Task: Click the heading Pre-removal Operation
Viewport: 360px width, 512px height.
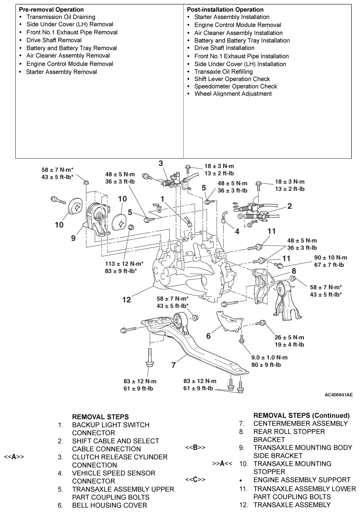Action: pos(51,9)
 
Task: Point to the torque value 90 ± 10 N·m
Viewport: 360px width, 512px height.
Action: pos(324,258)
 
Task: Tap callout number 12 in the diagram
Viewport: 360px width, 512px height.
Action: pos(126,301)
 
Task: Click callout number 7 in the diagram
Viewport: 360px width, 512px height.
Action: pos(174,364)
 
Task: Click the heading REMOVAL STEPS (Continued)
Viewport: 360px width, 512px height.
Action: pos(301,415)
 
